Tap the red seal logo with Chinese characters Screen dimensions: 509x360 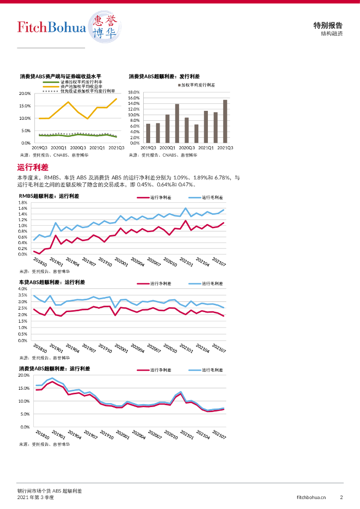[105, 27]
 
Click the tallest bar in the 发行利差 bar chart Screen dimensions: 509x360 [225, 121]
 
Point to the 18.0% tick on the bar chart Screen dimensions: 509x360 [134, 93]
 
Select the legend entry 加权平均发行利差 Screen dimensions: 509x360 [198, 85]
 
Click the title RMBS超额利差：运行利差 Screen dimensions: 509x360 [49, 196]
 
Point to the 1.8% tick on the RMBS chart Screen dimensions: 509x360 [23, 203]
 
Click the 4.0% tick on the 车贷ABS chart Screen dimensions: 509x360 [23, 289]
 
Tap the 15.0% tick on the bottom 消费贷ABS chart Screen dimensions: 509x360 [24, 388]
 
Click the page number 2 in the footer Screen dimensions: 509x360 [342, 497]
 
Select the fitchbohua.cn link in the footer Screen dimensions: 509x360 [311, 497]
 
